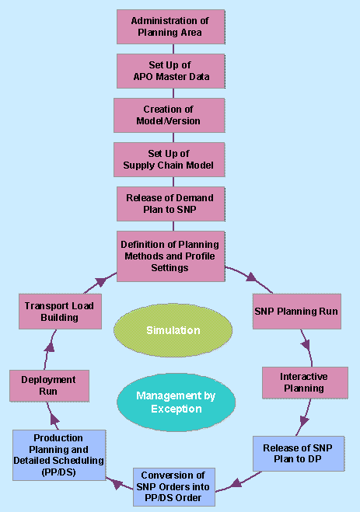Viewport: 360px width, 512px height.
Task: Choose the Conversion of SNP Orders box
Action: (173, 487)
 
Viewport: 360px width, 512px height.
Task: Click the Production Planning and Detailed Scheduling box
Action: (58, 455)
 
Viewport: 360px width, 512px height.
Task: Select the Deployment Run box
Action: (48, 386)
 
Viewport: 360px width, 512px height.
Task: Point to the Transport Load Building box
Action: (60, 311)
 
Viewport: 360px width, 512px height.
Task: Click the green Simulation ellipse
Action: (173, 330)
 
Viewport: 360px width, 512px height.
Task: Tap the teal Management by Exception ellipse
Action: (175, 402)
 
